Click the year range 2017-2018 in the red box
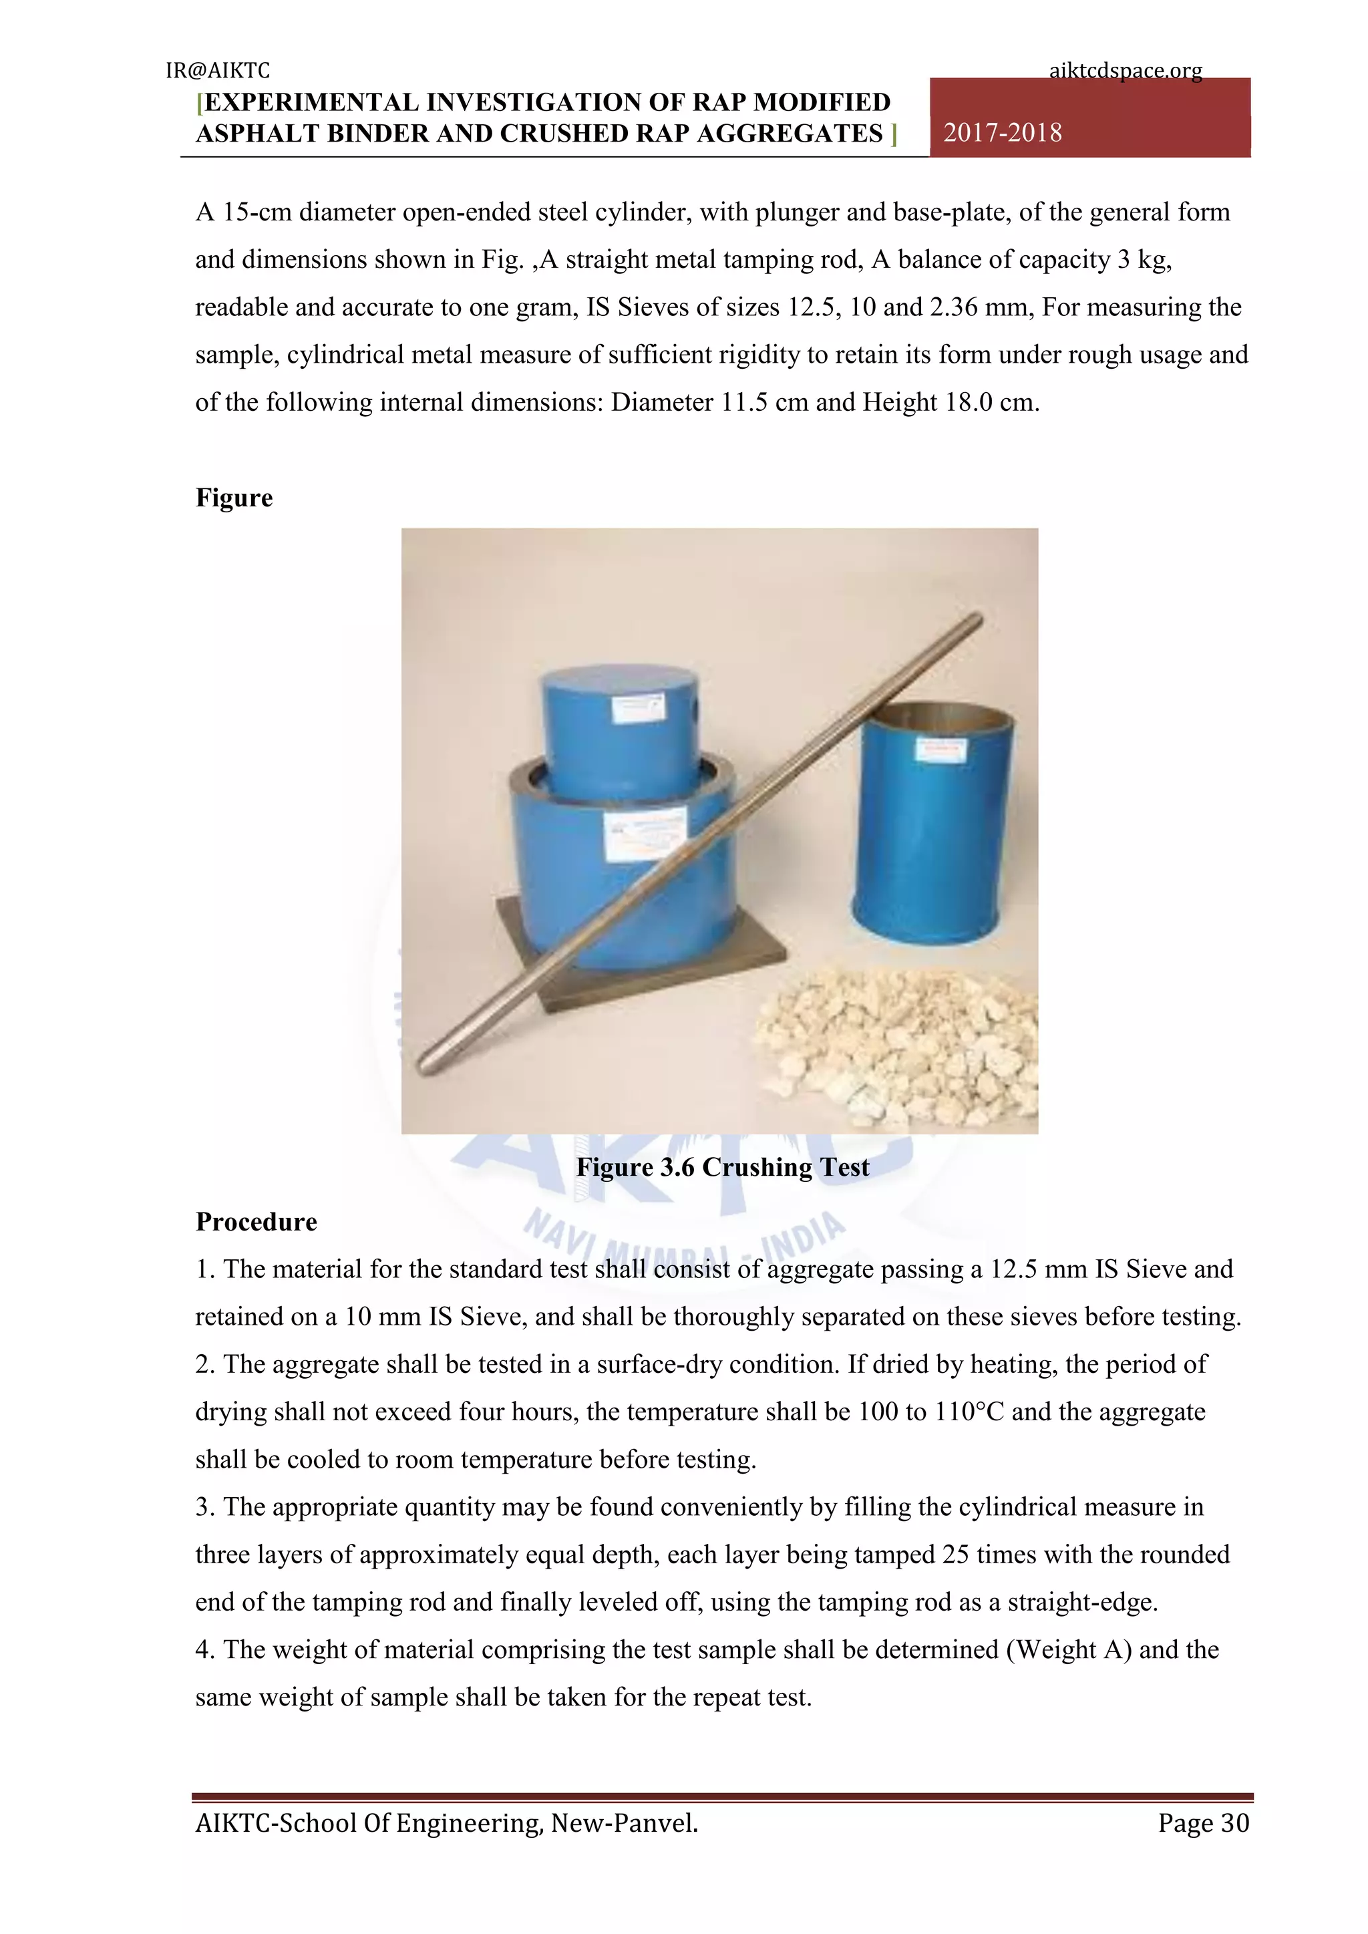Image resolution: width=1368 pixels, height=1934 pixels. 1003,133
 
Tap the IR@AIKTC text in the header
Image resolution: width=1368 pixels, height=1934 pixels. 217,71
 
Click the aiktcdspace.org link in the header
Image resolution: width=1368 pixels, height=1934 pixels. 1126,71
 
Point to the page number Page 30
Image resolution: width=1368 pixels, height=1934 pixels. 1203,1823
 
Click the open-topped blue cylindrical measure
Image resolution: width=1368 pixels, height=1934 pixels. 935,826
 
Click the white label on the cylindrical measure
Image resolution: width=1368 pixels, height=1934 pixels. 941,749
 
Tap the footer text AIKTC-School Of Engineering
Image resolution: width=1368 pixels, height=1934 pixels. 446,1823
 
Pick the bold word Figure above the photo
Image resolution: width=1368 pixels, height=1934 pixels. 234,498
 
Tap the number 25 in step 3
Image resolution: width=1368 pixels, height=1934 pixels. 955,1554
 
